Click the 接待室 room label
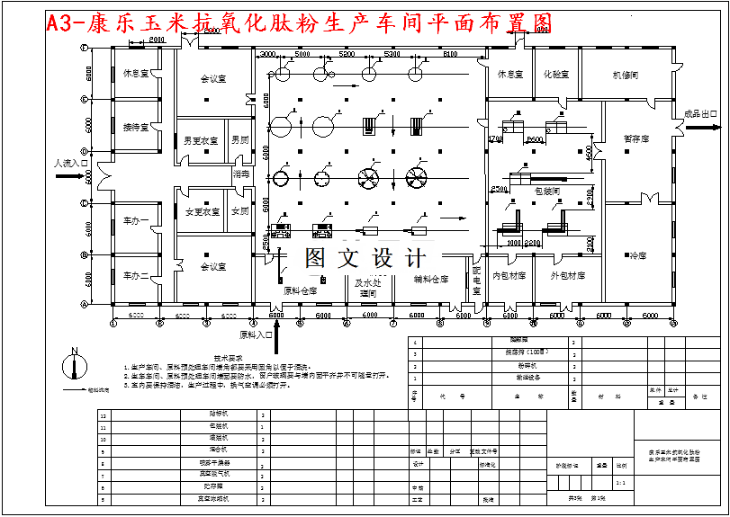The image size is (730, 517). [137, 128]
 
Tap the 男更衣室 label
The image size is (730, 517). [202, 141]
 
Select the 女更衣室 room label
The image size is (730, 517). [203, 212]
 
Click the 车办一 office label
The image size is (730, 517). [137, 221]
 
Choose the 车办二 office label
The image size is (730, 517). [137, 275]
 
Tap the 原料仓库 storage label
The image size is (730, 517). [300, 290]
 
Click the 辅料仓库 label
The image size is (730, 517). [431, 280]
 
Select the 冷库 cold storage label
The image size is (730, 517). [638, 256]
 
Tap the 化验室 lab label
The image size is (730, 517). [556, 75]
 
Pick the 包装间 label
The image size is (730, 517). [547, 191]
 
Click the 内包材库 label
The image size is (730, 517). [509, 276]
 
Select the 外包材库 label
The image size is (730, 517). [568, 276]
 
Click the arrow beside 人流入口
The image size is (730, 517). [68, 177]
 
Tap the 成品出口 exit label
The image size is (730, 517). [701, 114]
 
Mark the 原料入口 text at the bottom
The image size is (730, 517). [256, 334]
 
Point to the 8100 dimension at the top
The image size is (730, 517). [450, 55]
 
